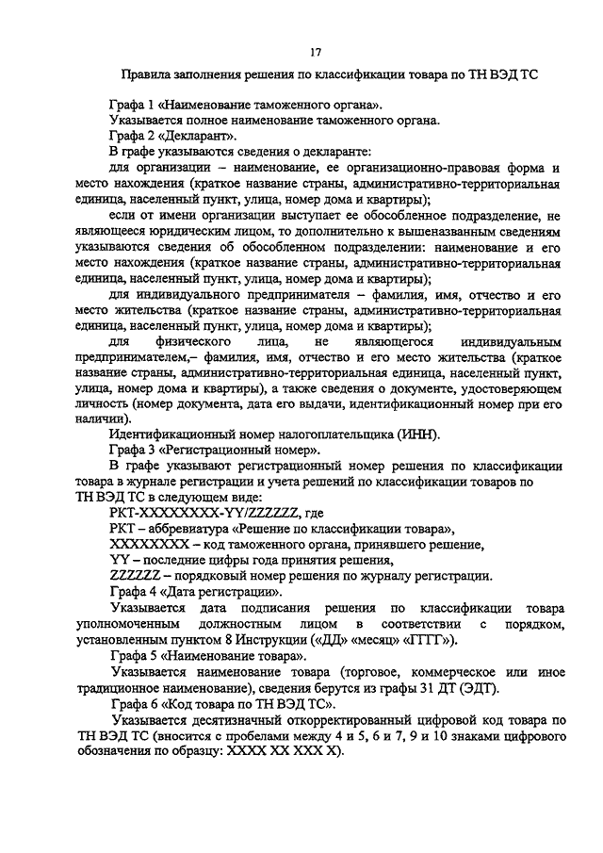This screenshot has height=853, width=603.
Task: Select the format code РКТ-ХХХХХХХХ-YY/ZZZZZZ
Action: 204,513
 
